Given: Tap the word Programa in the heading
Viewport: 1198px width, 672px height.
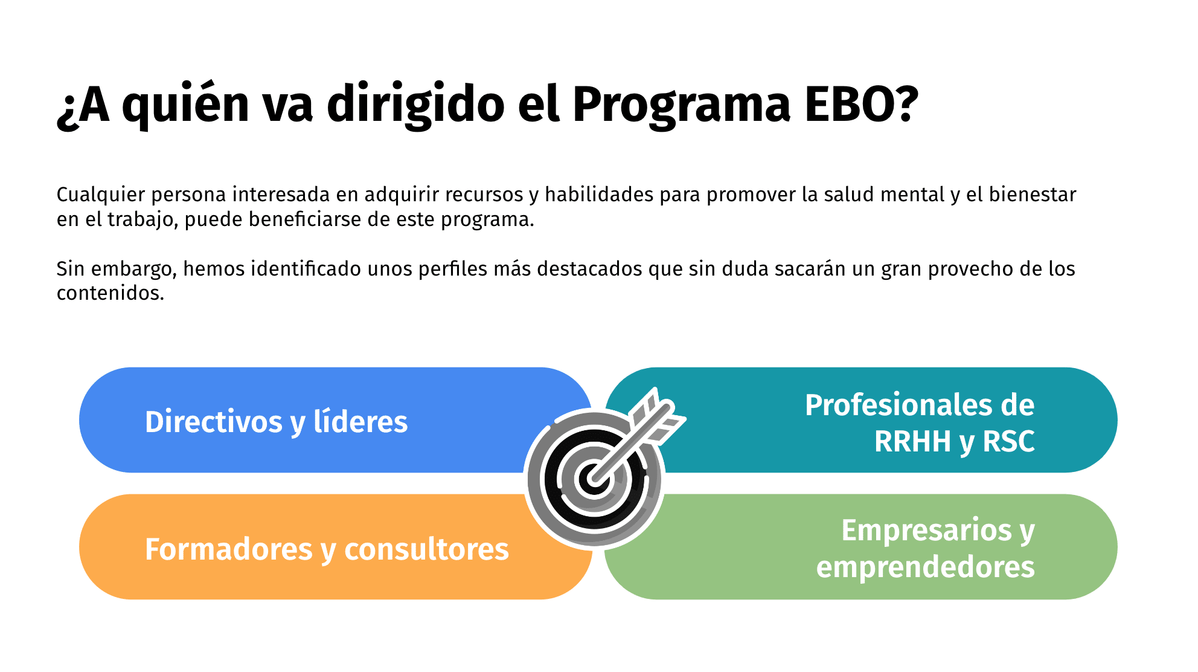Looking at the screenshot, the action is tap(681, 106).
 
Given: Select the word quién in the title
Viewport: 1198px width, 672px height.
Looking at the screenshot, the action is tap(186, 105).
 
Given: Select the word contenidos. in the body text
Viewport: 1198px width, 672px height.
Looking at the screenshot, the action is tap(111, 293).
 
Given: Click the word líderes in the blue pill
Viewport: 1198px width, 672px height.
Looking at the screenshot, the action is tap(360, 421).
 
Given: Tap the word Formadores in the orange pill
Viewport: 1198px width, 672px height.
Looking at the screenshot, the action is tap(229, 549).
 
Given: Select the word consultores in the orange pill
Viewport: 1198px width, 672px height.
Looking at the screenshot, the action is tap(426, 549).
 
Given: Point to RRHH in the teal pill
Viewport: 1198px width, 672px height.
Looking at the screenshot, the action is tap(912, 441).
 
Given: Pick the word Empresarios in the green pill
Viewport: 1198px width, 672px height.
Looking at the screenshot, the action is tap(927, 531).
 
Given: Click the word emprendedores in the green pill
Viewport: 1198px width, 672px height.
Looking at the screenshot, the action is tap(926, 567).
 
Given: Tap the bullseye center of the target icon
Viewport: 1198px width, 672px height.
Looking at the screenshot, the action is tap(594, 479).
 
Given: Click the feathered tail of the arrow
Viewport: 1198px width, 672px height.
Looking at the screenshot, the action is tap(656, 416).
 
